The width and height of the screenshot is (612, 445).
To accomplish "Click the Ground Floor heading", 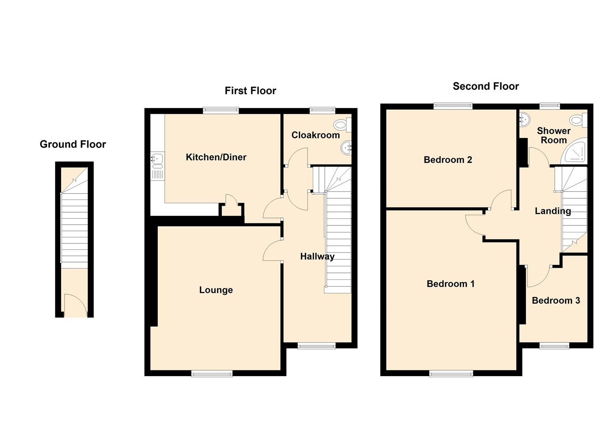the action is pyautogui.click(x=73, y=144).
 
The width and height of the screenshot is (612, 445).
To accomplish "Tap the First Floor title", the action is pyautogui.click(x=250, y=91).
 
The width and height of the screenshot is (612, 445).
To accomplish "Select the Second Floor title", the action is pyautogui.click(x=485, y=87).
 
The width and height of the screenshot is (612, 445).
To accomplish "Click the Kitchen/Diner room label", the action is pyautogui.click(x=216, y=157).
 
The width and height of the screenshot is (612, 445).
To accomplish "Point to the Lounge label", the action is pyautogui.click(x=216, y=290).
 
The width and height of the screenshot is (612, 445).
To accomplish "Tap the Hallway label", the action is pyautogui.click(x=317, y=257).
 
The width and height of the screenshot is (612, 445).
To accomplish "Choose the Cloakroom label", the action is pyautogui.click(x=316, y=135).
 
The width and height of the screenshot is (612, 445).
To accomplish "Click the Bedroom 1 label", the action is pyautogui.click(x=450, y=284).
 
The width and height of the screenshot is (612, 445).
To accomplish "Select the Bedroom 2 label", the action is pyautogui.click(x=448, y=160).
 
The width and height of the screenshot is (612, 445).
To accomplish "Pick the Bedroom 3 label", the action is pyautogui.click(x=556, y=300).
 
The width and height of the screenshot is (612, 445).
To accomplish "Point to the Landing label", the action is pyautogui.click(x=553, y=211).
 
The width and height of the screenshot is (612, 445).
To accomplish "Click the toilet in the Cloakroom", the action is pyautogui.click(x=342, y=125).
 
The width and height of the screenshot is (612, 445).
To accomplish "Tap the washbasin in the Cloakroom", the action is pyautogui.click(x=346, y=148).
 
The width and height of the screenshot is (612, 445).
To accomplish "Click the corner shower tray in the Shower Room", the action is pyautogui.click(x=574, y=151).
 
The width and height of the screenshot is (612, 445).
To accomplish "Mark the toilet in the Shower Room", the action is pyautogui.click(x=578, y=120).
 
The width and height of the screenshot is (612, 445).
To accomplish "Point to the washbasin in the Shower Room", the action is pyautogui.click(x=525, y=119).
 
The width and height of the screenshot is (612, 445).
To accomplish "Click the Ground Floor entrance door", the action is pyautogui.click(x=76, y=305).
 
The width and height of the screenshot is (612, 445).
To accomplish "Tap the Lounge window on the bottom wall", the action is pyautogui.click(x=212, y=373).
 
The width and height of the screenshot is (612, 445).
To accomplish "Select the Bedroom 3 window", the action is pyautogui.click(x=554, y=346).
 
